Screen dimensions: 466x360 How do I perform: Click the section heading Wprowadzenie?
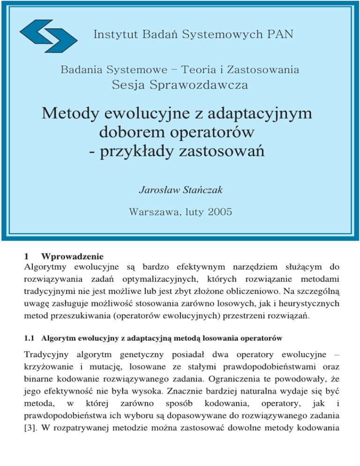71,257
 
